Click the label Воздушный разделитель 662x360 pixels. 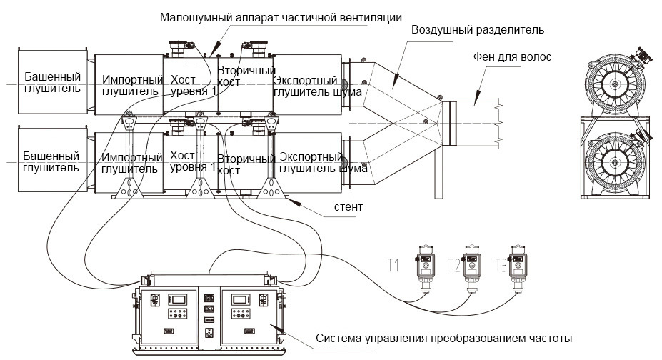pyautogui.click(x=478, y=30)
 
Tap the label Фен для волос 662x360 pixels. pyautogui.click(x=512, y=57)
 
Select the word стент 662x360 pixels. pyautogui.click(x=348, y=207)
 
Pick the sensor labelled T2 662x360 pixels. pyautogui.click(x=471, y=269)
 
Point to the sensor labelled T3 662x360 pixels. pyautogui.click(x=518, y=269)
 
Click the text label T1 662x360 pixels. pyautogui.click(x=393, y=266)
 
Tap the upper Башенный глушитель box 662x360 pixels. pyautogui.click(x=52, y=81)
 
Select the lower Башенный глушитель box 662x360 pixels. pyautogui.click(x=52, y=161)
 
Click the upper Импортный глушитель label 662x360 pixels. pyautogui.click(x=133, y=85)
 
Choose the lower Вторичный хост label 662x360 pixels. pyautogui.click(x=246, y=165)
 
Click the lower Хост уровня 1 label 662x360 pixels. pyautogui.click(x=193, y=161)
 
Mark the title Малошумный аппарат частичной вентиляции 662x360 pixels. pyautogui.click(x=281, y=18)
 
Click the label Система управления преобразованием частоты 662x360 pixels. pyautogui.click(x=443, y=339)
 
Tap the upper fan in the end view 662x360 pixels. pyautogui.click(x=615, y=84)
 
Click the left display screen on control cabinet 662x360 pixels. pyautogui.click(x=178, y=300)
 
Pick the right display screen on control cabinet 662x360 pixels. pyautogui.click(x=240, y=300)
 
